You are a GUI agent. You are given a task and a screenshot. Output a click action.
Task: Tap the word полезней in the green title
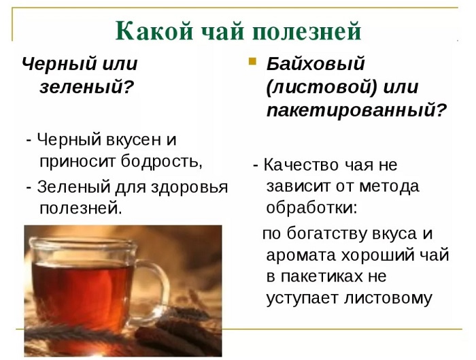(307, 31)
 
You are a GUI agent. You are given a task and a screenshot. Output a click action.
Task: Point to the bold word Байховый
(315, 65)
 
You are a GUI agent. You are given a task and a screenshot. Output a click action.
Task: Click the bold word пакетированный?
(357, 110)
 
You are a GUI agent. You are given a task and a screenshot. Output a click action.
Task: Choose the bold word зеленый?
(87, 86)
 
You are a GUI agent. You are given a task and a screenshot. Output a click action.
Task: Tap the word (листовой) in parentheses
(322, 88)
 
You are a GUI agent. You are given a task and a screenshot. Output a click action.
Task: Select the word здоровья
(189, 187)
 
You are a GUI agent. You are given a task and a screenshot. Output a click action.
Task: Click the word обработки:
(311, 208)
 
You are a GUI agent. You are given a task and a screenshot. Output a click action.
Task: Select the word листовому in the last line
(388, 299)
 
